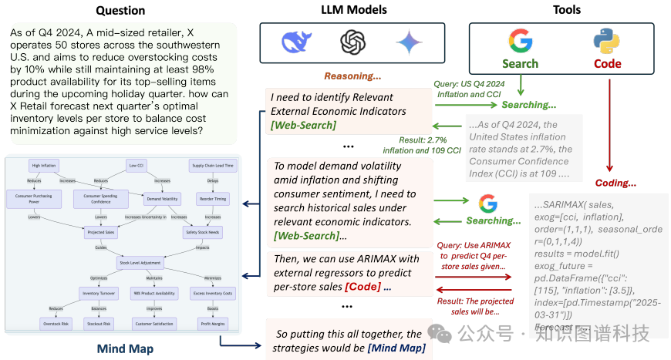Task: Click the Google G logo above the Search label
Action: (521, 40)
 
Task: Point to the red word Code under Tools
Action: (607, 64)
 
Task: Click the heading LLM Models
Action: (354, 10)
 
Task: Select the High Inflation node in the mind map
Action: (45, 166)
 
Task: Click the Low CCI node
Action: (136, 166)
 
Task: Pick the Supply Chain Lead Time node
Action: (212, 166)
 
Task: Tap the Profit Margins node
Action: (213, 324)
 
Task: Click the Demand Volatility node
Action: (160, 198)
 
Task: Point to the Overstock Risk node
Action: (55, 324)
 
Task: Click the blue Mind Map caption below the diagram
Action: (125, 348)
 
